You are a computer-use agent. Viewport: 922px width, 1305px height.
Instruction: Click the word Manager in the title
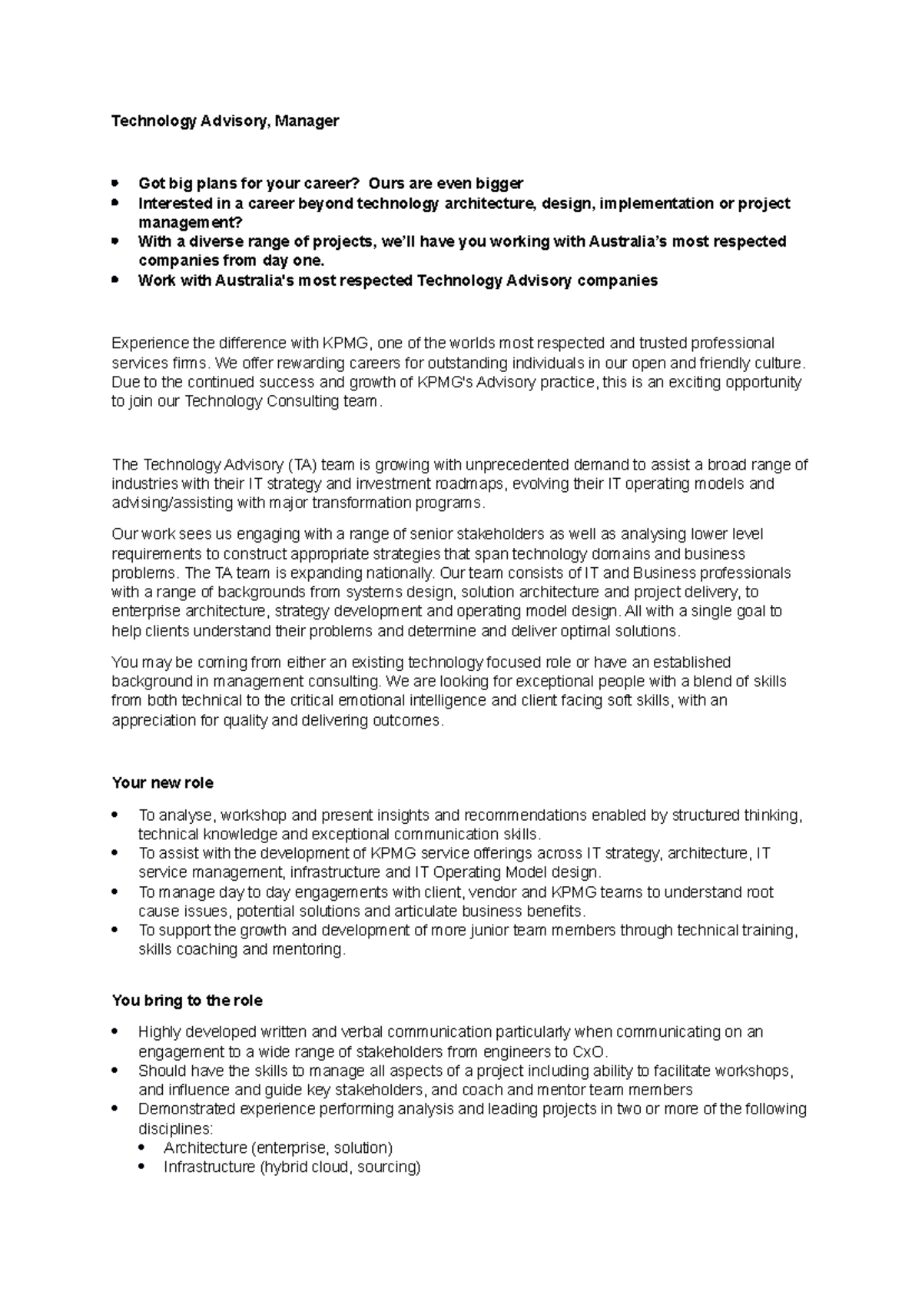click(307, 121)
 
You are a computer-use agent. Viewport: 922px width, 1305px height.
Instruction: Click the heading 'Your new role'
click(163, 783)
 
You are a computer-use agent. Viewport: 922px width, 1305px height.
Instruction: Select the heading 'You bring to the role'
click(187, 1001)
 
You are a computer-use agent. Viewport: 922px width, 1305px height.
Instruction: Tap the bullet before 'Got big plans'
click(115, 183)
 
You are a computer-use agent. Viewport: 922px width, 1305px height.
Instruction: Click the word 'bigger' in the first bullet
click(499, 183)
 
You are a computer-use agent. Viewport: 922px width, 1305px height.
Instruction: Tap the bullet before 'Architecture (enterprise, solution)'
click(141, 1148)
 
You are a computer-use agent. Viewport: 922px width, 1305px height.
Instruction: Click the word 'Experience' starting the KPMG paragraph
click(150, 343)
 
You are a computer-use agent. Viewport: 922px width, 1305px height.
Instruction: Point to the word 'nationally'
click(396, 573)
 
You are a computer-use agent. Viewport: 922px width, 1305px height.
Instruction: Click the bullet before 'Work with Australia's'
click(115, 280)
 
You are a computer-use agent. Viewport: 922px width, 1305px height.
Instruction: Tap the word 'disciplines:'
click(174, 1128)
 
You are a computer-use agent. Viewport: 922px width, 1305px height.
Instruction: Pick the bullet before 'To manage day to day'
click(115, 892)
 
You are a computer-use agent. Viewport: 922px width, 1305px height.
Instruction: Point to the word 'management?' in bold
click(190, 222)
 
